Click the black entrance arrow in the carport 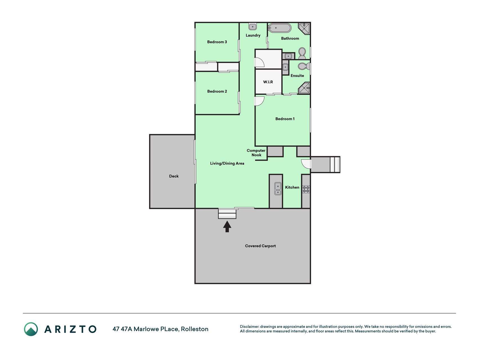pyautogui.click(x=227, y=226)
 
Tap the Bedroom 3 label pyautogui.click(x=217, y=42)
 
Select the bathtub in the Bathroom pyautogui.click(x=280, y=28)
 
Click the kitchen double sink pyautogui.click(x=278, y=189)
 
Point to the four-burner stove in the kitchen pyautogui.click(x=306, y=189)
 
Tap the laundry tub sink pyautogui.click(x=253, y=26)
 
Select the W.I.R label pyautogui.click(x=268, y=82)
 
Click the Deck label pyautogui.click(x=174, y=176)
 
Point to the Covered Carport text pyautogui.click(x=260, y=246)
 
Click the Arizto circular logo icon pyautogui.click(x=31, y=329)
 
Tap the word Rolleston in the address pyautogui.click(x=195, y=329)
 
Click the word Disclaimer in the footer pyautogui.click(x=249, y=327)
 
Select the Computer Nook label pyautogui.click(x=256, y=153)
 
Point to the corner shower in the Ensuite pyautogui.click(x=304, y=88)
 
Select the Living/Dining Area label pyautogui.click(x=227, y=163)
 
